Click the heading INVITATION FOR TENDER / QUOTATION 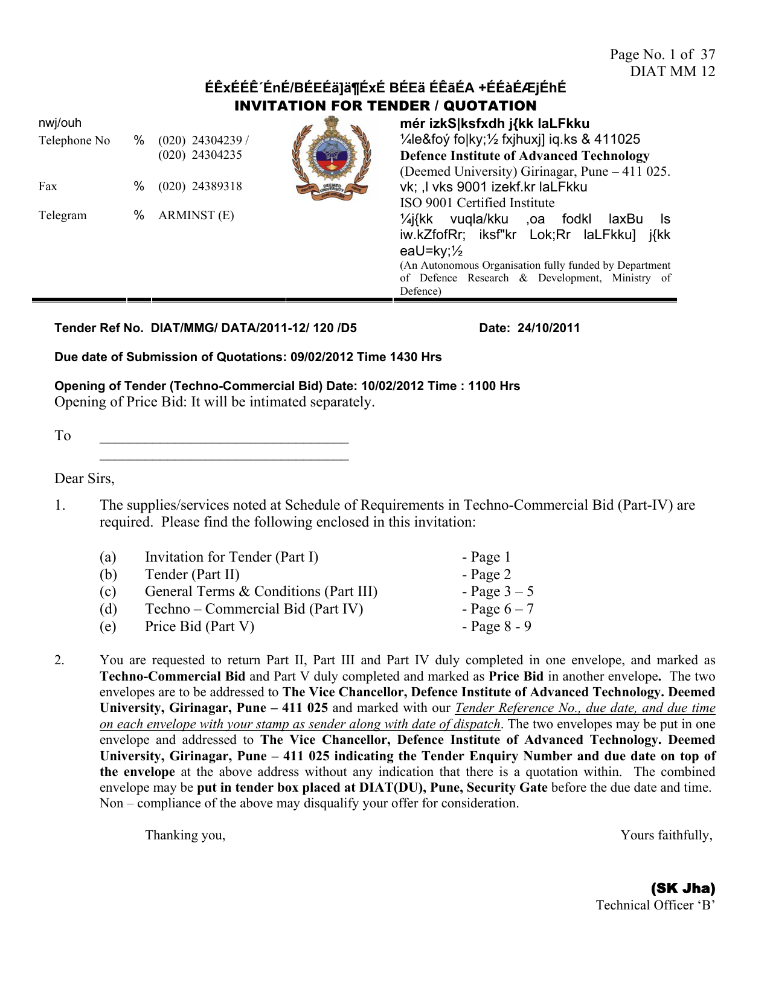click(385, 106)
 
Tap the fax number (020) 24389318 click(200, 186)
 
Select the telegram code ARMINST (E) click(196, 215)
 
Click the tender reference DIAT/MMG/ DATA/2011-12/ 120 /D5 click(254, 328)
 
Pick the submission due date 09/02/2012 click(322, 357)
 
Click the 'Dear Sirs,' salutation click(85, 478)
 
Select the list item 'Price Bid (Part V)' click(199, 626)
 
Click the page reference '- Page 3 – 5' click(498, 591)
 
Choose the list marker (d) click(108, 609)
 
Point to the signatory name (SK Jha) click(682, 888)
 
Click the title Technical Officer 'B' click(655, 905)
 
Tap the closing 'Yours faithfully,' click(667, 835)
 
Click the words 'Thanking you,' click(185, 835)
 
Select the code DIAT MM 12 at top click(672, 71)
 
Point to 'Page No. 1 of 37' click(662, 54)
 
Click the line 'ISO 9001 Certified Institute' click(477, 203)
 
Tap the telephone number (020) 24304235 click(200, 155)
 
